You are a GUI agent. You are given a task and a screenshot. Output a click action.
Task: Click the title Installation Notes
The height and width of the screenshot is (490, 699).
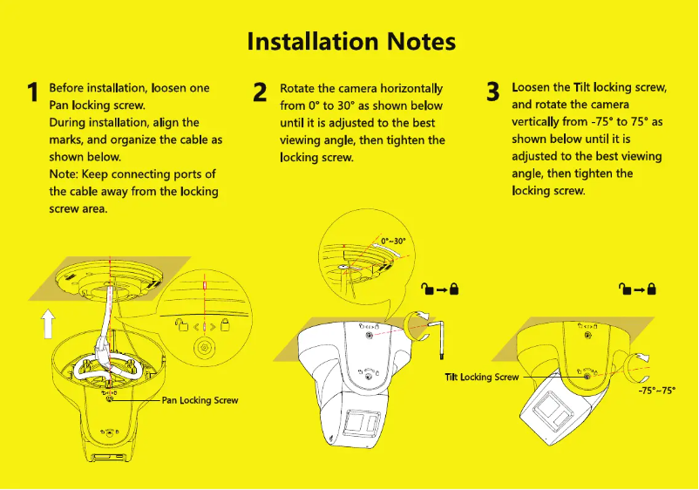pos(350,41)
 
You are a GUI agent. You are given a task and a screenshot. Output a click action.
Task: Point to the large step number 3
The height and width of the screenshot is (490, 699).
pos(492,92)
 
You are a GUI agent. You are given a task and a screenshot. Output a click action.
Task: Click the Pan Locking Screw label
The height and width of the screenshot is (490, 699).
pos(200,400)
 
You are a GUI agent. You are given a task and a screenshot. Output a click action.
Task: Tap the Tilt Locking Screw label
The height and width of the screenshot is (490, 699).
pos(481,377)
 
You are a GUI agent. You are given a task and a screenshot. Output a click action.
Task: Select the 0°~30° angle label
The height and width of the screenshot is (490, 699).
pos(393,241)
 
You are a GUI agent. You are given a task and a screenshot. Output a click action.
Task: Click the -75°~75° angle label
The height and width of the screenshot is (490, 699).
pos(656,391)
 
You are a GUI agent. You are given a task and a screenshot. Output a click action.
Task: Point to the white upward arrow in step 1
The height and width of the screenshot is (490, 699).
pos(49,326)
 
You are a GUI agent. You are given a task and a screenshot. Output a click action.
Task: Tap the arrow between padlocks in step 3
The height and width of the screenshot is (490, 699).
pos(638,289)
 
